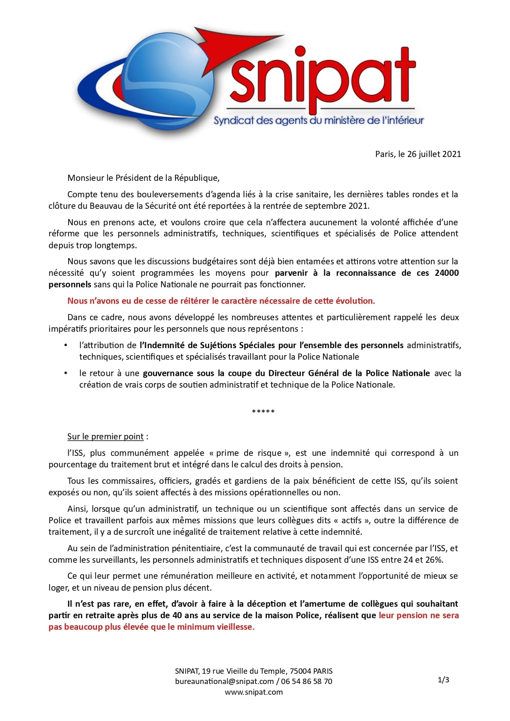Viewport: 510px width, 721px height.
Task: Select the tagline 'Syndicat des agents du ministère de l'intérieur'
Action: [x=318, y=120]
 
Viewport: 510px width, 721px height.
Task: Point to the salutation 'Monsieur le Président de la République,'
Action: [x=143, y=178]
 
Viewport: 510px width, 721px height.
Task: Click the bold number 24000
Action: [x=446, y=273]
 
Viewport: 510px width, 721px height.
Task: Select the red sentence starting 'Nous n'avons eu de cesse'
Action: [x=221, y=301]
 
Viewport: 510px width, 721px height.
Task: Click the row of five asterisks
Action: [x=263, y=411]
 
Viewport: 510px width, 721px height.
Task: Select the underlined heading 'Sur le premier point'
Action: [x=106, y=437]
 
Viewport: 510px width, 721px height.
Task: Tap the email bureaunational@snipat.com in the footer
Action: [x=224, y=681]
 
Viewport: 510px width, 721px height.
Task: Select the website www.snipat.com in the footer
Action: [x=254, y=692]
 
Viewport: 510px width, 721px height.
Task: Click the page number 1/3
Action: [x=443, y=680]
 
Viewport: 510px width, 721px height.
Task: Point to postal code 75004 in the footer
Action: [x=300, y=671]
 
